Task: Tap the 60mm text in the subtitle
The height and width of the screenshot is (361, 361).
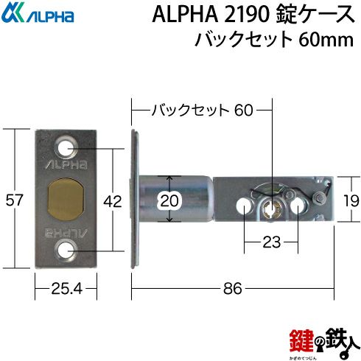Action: (326, 40)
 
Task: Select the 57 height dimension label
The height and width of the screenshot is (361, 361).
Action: (14, 200)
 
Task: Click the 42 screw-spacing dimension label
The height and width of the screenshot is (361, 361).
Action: (113, 202)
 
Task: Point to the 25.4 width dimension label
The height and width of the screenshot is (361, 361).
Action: (67, 289)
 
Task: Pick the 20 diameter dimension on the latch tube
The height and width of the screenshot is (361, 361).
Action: (169, 201)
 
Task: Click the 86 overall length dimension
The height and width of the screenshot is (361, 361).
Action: (233, 289)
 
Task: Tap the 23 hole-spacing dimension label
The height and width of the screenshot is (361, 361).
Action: (271, 242)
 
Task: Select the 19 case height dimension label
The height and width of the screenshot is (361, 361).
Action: (351, 201)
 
